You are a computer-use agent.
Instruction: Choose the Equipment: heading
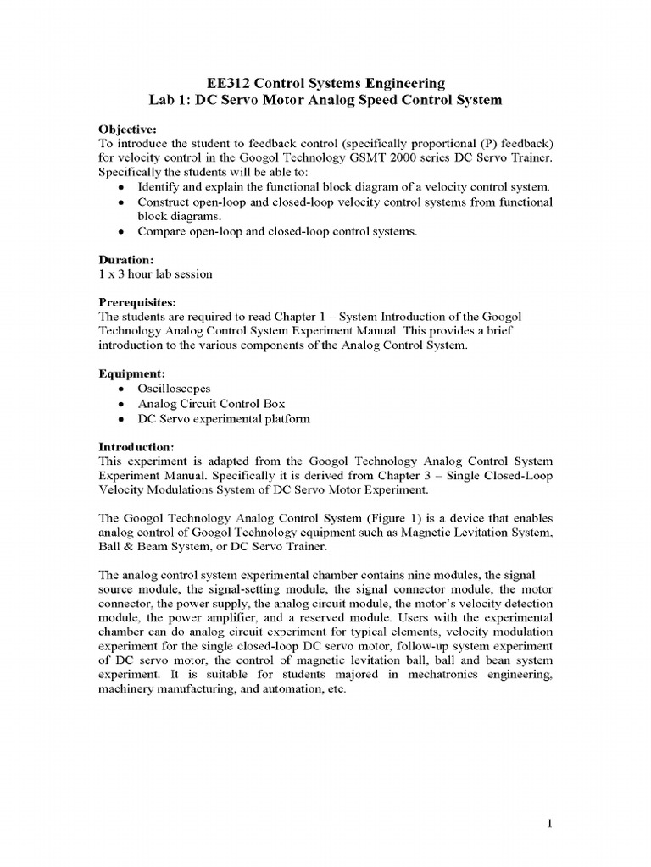pyautogui.click(x=131, y=373)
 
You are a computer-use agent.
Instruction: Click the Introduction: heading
pyautogui.click(x=137, y=446)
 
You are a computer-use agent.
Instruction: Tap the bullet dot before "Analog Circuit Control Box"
pyautogui.click(x=123, y=404)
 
